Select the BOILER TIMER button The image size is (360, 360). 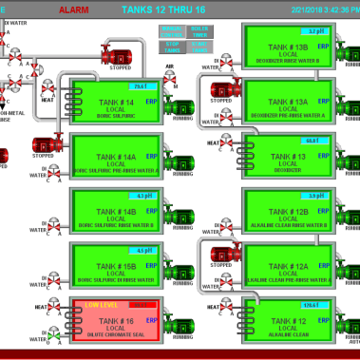pos(201,31)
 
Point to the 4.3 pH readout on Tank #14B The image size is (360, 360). pos(142,195)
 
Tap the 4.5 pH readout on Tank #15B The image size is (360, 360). pos(142,250)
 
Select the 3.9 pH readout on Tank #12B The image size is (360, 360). pos(315,195)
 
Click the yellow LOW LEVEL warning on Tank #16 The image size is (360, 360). pos(100,305)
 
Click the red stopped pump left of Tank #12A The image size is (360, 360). pos(220,253)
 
